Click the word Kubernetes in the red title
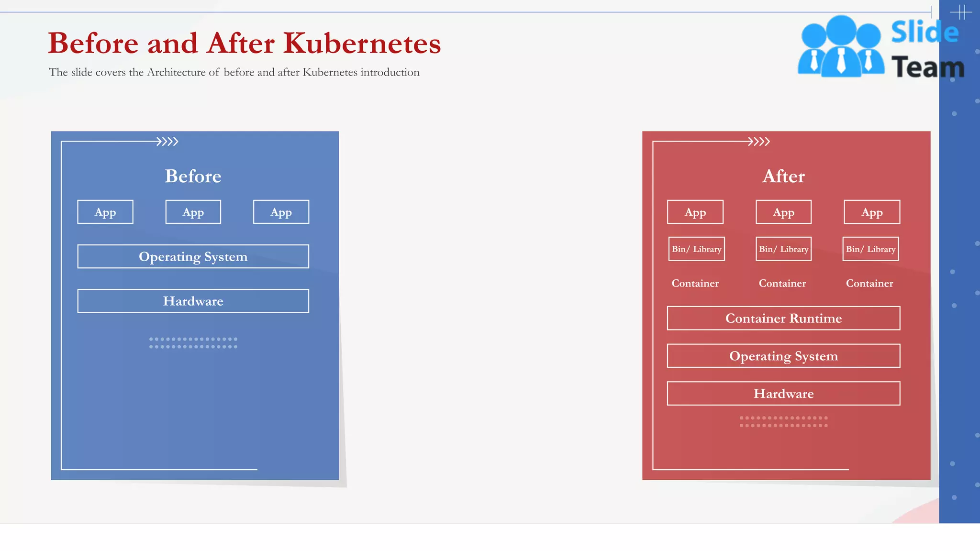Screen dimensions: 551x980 (362, 43)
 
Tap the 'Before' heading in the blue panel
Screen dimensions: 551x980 (193, 176)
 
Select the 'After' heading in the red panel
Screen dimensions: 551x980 (783, 176)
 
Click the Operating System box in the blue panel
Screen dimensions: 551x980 (193, 256)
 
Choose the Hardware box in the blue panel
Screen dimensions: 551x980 (193, 301)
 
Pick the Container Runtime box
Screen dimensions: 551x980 (783, 318)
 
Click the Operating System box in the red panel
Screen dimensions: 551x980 (783, 356)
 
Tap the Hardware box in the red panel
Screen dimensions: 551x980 (783, 393)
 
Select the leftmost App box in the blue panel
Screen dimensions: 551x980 (105, 212)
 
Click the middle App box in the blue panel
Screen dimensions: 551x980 (193, 212)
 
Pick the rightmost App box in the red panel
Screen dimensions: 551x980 (872, 212)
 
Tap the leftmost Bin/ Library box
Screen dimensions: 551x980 (696, 249)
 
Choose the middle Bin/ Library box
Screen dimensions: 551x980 (783, 249)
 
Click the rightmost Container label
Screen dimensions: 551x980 (869, 283)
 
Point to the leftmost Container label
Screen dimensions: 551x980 (695, 283)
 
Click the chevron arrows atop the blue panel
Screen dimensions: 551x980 (167, 142)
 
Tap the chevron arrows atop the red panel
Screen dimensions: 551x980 (759, 142)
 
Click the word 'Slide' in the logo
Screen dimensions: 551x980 (924, 33)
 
